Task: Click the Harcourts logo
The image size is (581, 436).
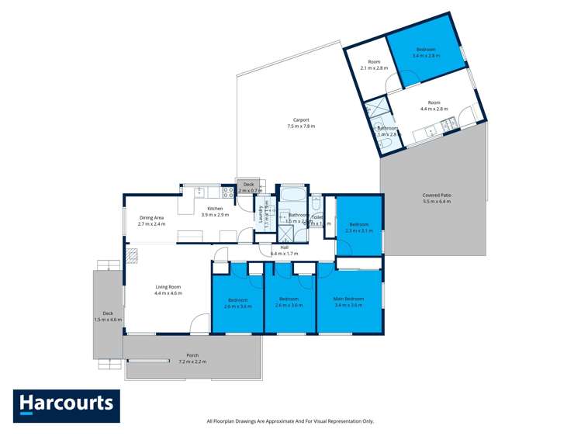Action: pyautogui.click(x=66, y=405)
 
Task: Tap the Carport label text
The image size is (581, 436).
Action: pyautogui.click(x=301, y=120)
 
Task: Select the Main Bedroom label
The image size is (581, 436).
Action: pyautogui.click(x=348, y=299)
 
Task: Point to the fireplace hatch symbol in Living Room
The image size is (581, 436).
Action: pyautogui.click(x=133, y=253)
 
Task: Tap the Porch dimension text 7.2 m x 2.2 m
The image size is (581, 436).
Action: pyautogui.click(x=192, y=362)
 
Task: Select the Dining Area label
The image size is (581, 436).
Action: pyautogui.click(x=151, y=218)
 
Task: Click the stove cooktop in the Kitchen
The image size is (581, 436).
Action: pyautogui.click(x=229, y=191)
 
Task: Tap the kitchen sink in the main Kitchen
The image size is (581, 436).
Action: pyautogui.click(x=200, y=190)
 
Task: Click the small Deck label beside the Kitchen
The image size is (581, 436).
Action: pyautogui.click(x=248, y=184)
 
